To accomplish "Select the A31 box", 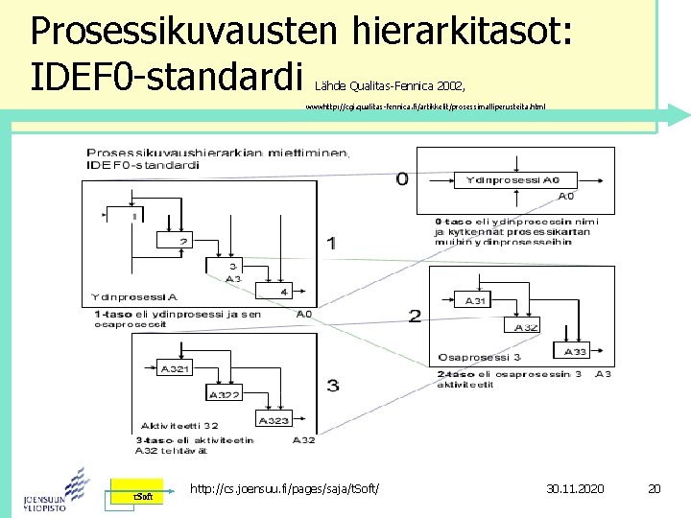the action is tap(476, 301).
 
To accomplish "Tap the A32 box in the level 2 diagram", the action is tap(528, 327).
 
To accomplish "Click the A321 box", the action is tap(176, 368).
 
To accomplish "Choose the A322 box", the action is tap(226, 394).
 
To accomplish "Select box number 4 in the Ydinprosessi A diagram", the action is tap(283, 292).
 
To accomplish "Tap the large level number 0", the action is tap(402, 177).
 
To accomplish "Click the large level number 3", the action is tap(333, 386).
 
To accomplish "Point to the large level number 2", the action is tap(415, 316).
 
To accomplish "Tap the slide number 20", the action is tap(655, 489).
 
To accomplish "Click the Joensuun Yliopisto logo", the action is tap(55, 489).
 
